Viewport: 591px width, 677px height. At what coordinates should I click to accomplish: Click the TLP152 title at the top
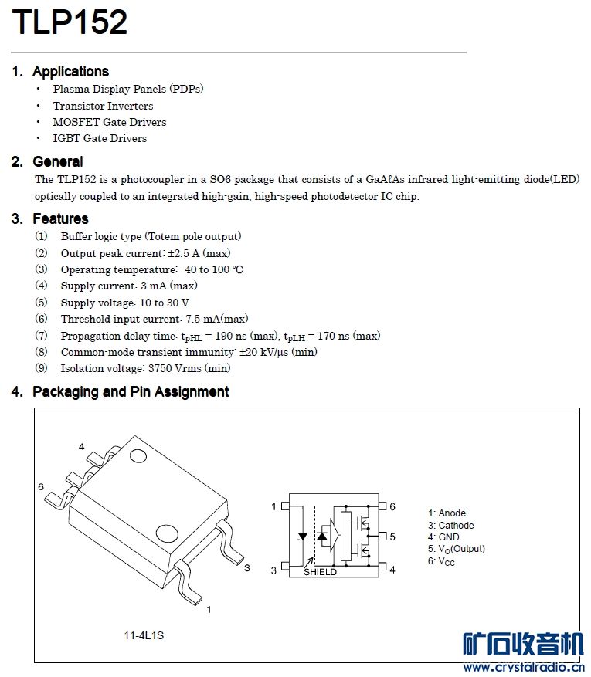click(x=70, y=23)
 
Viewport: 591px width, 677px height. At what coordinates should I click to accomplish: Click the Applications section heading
click(x=70, y=72)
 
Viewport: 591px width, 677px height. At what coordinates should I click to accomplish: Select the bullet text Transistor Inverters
click(x=103, y=106)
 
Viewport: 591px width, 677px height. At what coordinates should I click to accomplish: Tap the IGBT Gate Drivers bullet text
click(x=100, y=138)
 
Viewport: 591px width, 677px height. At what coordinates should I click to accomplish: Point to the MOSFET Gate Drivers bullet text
click(x=109, y=122)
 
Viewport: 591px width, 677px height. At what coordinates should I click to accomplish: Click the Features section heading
click(x=60, y=218)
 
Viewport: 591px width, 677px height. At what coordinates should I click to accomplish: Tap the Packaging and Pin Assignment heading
click(x=131, y=391)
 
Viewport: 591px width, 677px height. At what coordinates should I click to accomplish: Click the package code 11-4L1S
click(x=144, y=635)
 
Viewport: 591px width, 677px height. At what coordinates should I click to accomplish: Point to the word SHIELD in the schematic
click(x=320, y=572)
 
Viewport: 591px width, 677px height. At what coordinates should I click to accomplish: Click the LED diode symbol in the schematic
click(x=303, y=536)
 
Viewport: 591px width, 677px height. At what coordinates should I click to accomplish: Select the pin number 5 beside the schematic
click(x=392, y=536)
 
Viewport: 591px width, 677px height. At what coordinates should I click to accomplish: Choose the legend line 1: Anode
click(x=447, y=513)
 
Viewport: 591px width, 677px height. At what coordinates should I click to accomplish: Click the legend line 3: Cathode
click(x=451, y=526)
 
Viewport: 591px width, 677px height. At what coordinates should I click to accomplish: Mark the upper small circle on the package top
click(x=138, y=455)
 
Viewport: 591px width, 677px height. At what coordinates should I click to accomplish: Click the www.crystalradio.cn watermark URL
click(x=522, y=667)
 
